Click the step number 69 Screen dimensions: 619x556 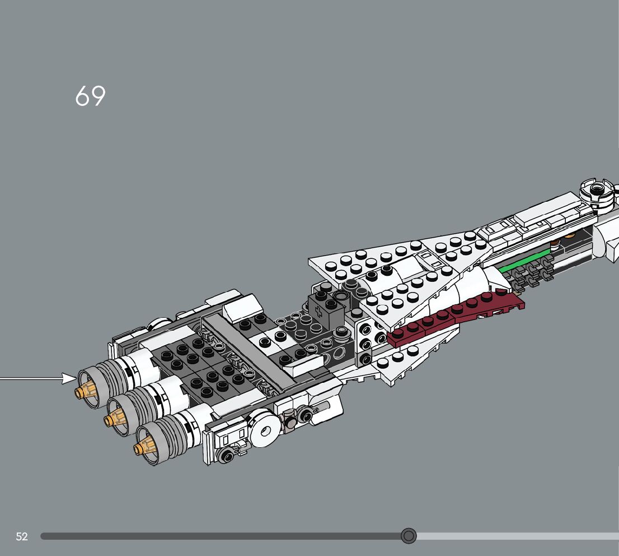pos(90,96)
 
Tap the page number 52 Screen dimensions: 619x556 pos(22,536)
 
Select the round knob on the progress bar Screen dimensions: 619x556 pos(409,536)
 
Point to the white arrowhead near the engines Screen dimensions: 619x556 pos(69,378)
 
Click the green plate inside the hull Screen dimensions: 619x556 pos(524,261)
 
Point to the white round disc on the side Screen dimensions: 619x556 pos(262,430)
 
